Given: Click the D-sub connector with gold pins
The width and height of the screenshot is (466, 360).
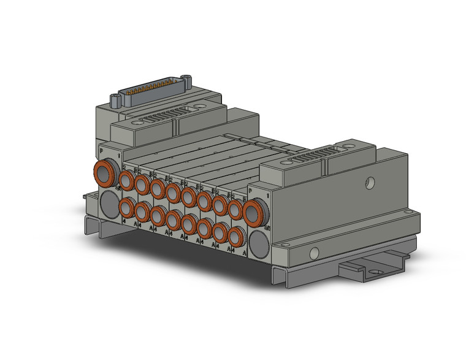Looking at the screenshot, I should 153,90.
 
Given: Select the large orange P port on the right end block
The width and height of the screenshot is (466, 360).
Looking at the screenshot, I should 253,212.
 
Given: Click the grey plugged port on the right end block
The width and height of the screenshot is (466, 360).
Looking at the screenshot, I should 258,241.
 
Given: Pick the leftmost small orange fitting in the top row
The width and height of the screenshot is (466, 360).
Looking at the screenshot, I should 127,180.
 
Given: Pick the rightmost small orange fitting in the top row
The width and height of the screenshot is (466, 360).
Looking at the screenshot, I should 235,209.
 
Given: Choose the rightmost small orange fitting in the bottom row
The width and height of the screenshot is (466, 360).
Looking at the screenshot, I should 235,236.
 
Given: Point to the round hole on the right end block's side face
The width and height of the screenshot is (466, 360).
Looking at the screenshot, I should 370,182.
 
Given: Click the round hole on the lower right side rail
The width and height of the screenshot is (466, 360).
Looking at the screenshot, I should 314,252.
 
